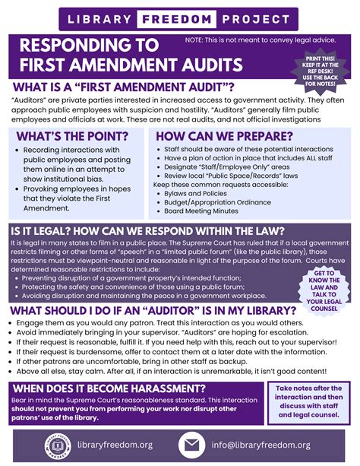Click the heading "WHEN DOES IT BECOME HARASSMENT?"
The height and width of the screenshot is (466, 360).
coord(121,389)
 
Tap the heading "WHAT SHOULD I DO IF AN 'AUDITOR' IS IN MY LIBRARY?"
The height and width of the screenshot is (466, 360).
coord(152,310)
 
